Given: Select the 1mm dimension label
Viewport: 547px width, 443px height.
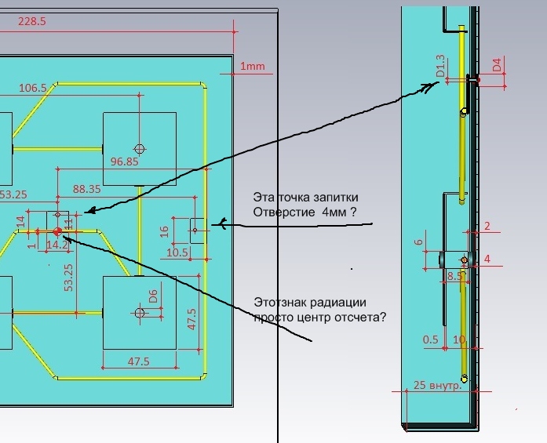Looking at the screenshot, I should (x=253, y=67).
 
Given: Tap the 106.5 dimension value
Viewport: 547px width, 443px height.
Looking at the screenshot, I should (x=33, y=88).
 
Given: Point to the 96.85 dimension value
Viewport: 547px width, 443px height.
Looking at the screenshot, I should (x=125, y=162).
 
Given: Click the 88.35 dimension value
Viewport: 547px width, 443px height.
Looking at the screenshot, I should (x=86, y=189).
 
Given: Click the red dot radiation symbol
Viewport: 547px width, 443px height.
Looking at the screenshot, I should (x=57, y=231).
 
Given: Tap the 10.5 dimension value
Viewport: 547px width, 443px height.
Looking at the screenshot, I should (x=177, y=252).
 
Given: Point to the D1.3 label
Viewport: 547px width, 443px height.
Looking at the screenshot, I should (x=440, y=67).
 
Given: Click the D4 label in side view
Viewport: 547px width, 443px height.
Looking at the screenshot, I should (x=497, y=65).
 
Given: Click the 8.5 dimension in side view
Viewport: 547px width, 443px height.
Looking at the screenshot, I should (x=454, y=276).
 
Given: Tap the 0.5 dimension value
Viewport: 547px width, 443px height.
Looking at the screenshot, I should (x=431, y=340).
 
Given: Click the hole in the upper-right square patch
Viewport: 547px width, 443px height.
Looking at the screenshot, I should (x=140, y=148).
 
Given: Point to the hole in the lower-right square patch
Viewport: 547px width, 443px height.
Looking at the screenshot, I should (x=140, y=313).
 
